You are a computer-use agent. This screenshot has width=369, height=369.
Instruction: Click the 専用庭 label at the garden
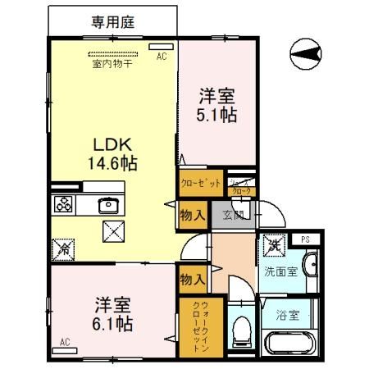(x=113, y=22)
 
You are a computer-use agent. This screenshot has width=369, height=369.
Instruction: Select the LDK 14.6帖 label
(x=112, y=152)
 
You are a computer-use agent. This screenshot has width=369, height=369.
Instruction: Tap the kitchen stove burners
(x=62, y=204)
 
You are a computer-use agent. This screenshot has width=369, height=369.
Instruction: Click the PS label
(x=305, y=239)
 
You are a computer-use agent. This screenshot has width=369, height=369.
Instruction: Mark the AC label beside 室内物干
(x=161, y=56)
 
